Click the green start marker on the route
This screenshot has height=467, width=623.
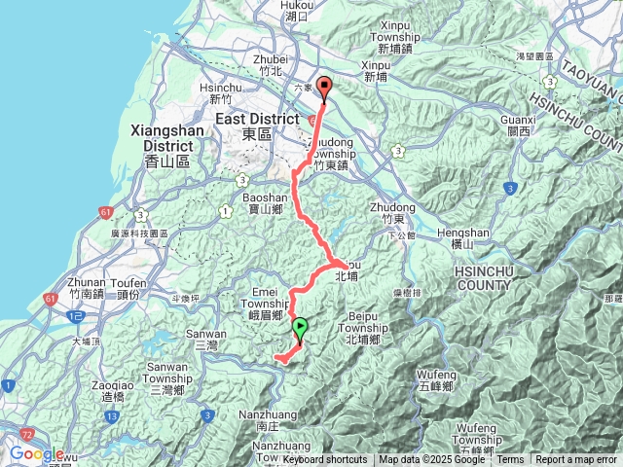click(x=300, y=328)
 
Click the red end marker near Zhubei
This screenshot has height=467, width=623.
click(x=323, y=87)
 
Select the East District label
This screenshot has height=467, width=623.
click(x=256, y=120)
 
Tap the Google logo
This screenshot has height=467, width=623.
click(x=37, y=453)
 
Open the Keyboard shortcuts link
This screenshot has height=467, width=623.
click(x=325, y=460)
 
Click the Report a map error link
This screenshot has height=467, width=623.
click(x=576, y=460)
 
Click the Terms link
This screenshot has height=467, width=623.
click(x=511, y=460)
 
